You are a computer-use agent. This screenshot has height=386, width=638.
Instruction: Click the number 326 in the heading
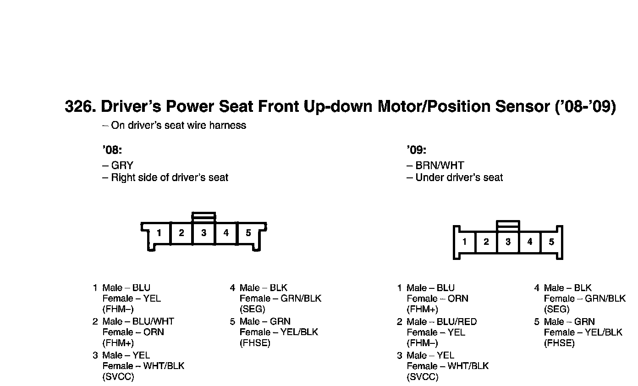click(x=79, y=106)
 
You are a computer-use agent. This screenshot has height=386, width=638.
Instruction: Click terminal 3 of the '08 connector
click(x=203, y=233)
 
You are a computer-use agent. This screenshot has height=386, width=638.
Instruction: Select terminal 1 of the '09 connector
click(x=465, y=242)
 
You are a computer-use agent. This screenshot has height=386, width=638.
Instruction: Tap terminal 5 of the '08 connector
click(x=248, y=233)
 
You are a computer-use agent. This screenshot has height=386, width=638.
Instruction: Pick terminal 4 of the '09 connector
click(x=530, y=242)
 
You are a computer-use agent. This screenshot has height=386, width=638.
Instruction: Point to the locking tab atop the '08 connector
click(x=203, y=216)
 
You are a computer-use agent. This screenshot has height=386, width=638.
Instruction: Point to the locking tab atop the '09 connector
click(x=508, y=225)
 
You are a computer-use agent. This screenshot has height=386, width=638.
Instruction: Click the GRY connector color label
click(x=122, y=165)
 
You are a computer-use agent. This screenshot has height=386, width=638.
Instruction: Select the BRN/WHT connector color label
click(x=440, y=165)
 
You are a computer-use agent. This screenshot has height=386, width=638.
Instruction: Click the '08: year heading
click(x=112, y=150)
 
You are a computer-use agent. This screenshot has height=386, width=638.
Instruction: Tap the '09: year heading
click(x=416, y=150)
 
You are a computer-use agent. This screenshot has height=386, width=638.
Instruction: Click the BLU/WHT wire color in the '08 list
click(x=153, y=321)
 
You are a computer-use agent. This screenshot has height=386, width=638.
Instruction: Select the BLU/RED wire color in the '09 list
click(x=456, y=322)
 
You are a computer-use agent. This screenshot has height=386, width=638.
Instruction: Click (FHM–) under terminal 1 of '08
click(x=118, y=309)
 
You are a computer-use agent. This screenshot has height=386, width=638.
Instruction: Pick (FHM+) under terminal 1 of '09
click(x=422, y=309)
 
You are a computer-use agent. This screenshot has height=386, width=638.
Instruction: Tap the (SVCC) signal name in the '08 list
click(x=118, y=377)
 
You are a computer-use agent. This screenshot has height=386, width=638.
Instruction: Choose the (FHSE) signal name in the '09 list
click(x=559, y=343)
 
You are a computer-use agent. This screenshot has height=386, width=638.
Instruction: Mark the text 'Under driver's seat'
click(x=459, y=177)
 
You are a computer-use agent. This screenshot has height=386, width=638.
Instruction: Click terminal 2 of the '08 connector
click(x=181, y=233)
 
